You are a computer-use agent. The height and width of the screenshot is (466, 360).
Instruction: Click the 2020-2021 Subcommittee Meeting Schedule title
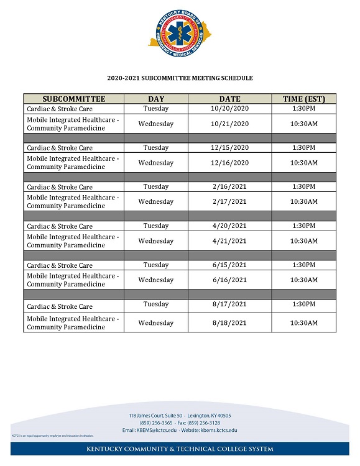tap(180, 78)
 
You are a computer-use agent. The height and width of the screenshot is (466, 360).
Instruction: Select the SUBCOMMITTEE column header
tap(74, 99)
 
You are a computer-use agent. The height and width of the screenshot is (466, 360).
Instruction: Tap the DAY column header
tap(156, 99)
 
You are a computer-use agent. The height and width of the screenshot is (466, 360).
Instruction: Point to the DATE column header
tap(229, 99)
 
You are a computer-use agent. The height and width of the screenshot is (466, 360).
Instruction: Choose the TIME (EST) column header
tap(304, 99)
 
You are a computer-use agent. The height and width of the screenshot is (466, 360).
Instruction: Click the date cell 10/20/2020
tap(229, 108)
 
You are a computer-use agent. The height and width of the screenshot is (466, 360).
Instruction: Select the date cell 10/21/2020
tap(229, 124)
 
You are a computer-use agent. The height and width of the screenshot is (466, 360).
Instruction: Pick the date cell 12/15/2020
tap(229, 147)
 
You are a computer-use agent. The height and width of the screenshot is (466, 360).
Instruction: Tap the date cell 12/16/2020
tap(229, 163)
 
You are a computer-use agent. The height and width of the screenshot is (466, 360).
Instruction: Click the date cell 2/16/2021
tap(229, 186)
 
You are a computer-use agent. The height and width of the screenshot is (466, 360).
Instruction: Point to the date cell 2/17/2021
tap(229, 201)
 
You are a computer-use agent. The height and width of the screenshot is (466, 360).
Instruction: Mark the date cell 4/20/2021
tap(229, 226)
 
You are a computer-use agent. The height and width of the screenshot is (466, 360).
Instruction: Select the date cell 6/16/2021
tap(229, 280)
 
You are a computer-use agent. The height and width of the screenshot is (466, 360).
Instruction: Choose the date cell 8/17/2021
tap(229, 304)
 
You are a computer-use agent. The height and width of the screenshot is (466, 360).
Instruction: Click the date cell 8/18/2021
tap(229, 323)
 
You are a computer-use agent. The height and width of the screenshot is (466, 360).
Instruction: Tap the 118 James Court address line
tap(180, 415)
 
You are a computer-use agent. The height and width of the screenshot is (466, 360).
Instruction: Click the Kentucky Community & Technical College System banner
tap(180, 449)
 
